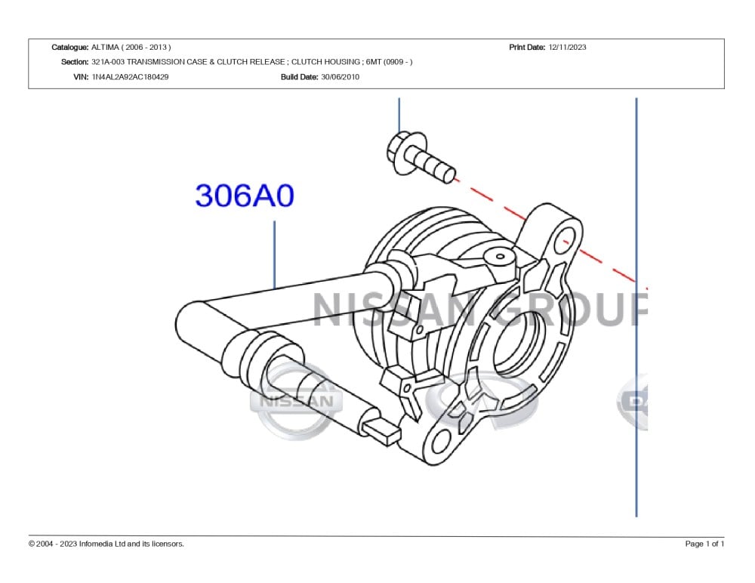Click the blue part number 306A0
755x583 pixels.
(245, 195)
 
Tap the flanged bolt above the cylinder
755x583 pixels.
(420, 156)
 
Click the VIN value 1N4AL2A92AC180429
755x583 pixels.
(130, 76)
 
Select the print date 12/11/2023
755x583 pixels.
(567, 48)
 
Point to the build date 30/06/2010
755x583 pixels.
(340, 76)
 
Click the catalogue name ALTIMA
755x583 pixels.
(105, 48)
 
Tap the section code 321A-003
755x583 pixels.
(108, 62)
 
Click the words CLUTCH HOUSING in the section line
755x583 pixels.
(325, 62)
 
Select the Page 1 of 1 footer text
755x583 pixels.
(704, 544)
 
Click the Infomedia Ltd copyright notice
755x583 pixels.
(106, 544)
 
